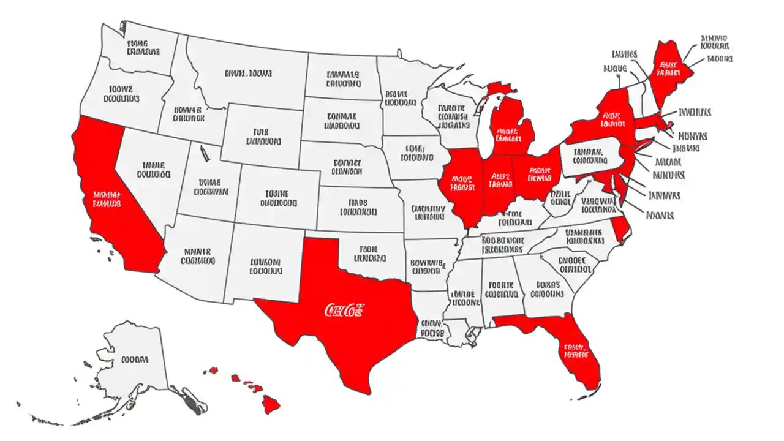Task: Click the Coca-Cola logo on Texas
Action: click(344, 310)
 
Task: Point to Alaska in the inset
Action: click(135, 361)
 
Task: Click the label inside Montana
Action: click(247, 73)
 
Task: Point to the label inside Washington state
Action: click(143, 47)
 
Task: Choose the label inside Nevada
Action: click(153, 170)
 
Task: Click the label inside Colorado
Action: click(278, 198)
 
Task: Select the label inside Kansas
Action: click(357, 207)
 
